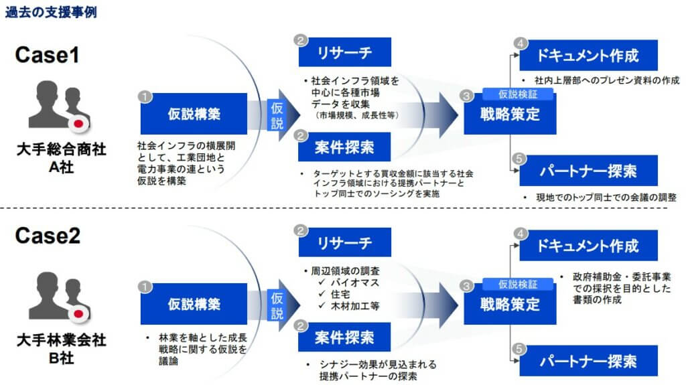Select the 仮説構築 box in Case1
point(194,114)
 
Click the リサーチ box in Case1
point(344,53)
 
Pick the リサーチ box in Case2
point(344,242)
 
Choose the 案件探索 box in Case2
point(344,337)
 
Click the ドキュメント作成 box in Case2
point(588,245)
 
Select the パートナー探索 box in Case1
point(588,170)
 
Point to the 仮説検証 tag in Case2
point(518,285)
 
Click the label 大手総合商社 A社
point(52,158)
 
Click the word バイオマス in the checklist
point(356,283)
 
